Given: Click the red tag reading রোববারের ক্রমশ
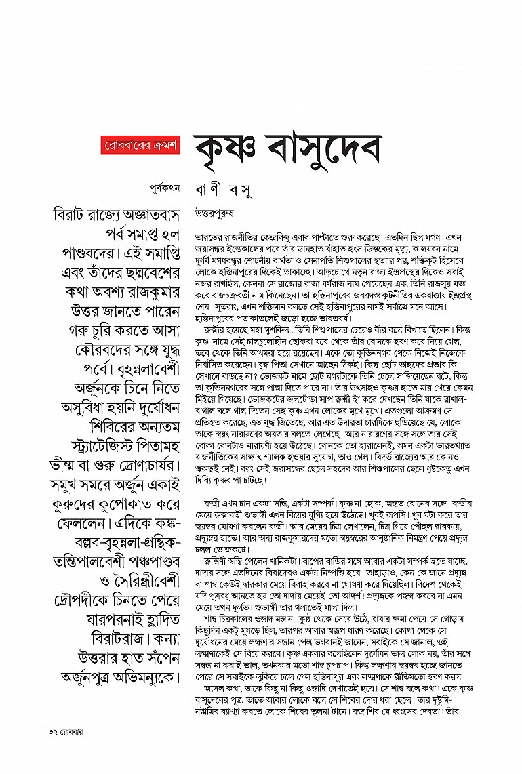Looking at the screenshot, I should click(x=139, y=146).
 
